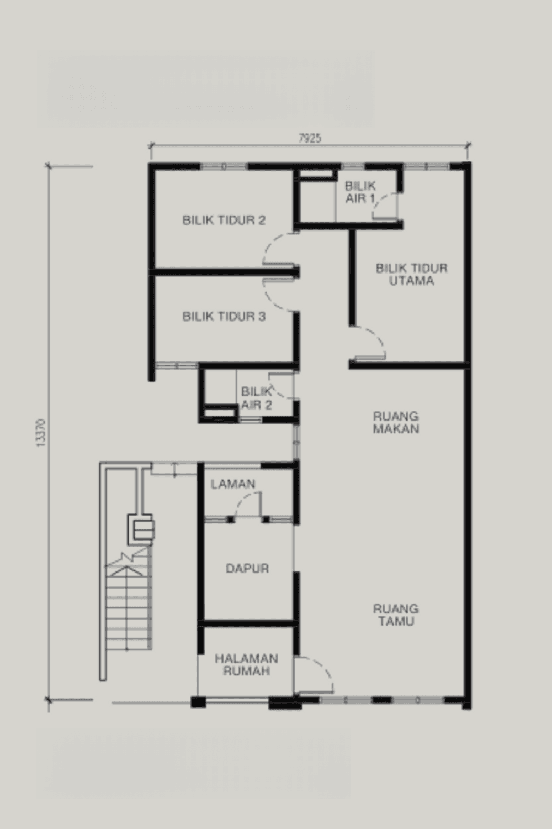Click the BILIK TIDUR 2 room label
coord(224,221)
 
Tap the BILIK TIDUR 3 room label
coord(224,317)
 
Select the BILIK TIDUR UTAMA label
coord(411,274)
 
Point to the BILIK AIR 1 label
coord(360,192)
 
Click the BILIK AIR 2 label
coord(256,398)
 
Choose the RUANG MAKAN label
coord(396,422)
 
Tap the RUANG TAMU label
coord(396,615)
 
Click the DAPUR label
coord(247,569)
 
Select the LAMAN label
coord(233,484)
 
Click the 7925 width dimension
coord(310,138)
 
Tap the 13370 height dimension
coord(41,433)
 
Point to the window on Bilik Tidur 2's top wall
coord(224,166)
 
